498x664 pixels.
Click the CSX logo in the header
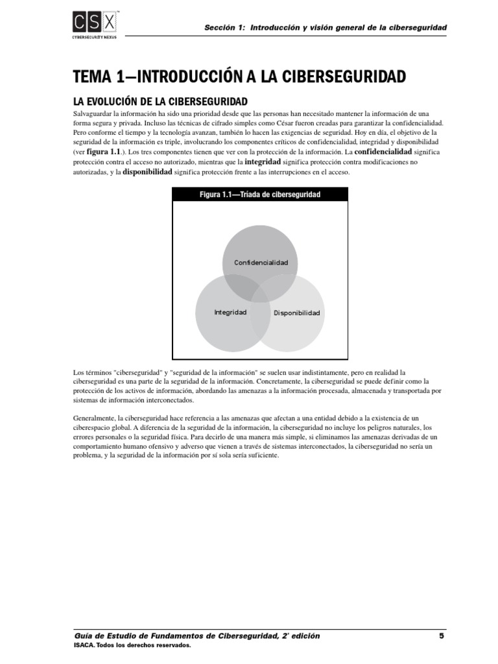point(95,23)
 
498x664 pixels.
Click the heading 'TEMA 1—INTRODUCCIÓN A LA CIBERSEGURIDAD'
point(239,77)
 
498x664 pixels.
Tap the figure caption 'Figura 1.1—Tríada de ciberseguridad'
point(260,195)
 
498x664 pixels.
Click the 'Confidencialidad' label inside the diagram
point(261,262)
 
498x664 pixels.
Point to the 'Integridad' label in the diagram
point(230,313)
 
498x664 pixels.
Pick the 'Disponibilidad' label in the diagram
point(297,313)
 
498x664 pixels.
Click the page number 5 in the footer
point(442,635)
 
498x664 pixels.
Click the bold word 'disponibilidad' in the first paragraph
point(147,172)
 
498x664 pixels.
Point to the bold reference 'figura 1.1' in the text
point(103,150)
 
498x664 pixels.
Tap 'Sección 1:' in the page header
point(222,28)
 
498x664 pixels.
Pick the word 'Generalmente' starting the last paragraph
point(94,419)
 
